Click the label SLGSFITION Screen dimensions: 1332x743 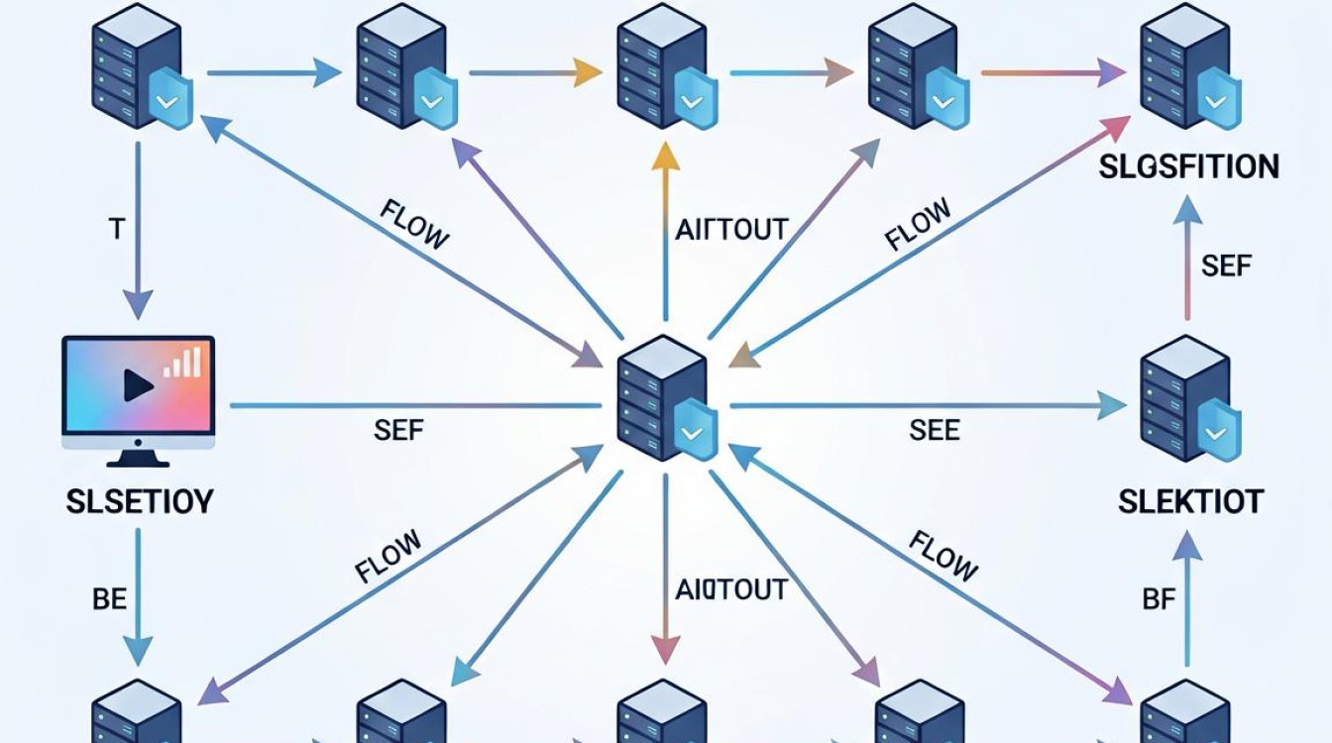click(1188, 166)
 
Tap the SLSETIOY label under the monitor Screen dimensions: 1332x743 click(139, 502)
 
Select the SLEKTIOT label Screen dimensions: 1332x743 click(1190, 501)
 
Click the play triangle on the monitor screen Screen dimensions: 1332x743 click(138, 385)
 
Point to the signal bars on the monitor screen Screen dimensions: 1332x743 click(182, 362)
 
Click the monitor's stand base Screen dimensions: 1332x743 click(138, 460)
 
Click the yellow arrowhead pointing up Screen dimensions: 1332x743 click(665, 158)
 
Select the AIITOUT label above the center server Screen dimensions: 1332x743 click(731, 230)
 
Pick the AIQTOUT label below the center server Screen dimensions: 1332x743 click(731, 589)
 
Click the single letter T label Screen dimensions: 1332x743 click(117, 229)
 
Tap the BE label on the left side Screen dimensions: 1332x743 click(109, 599)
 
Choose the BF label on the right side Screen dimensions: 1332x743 click(1159, 599)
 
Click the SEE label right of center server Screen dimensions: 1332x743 click(935, 430)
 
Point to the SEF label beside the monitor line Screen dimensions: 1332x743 click(398, 430)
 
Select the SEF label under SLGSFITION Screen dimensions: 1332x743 click(1226, 265)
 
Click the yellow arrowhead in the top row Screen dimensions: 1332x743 click(587, 73)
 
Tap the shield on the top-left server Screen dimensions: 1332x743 click(170, 97)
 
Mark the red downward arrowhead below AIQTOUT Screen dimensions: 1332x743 click(665, 650)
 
